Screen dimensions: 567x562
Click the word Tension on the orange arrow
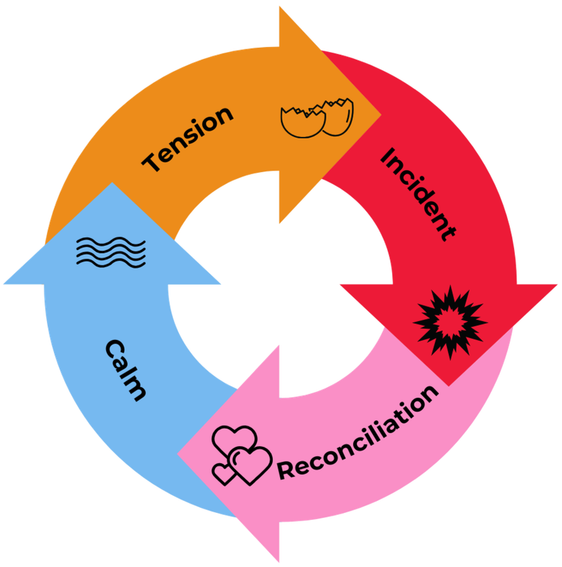point(188,138)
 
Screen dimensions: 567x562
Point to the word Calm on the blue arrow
point(126,370)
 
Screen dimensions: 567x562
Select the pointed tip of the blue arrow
point(111,184)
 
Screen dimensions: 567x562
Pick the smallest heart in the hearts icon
point(224,472)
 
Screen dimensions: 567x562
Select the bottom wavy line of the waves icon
point(111,264)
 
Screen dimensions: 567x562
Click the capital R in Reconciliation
point(287,470)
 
